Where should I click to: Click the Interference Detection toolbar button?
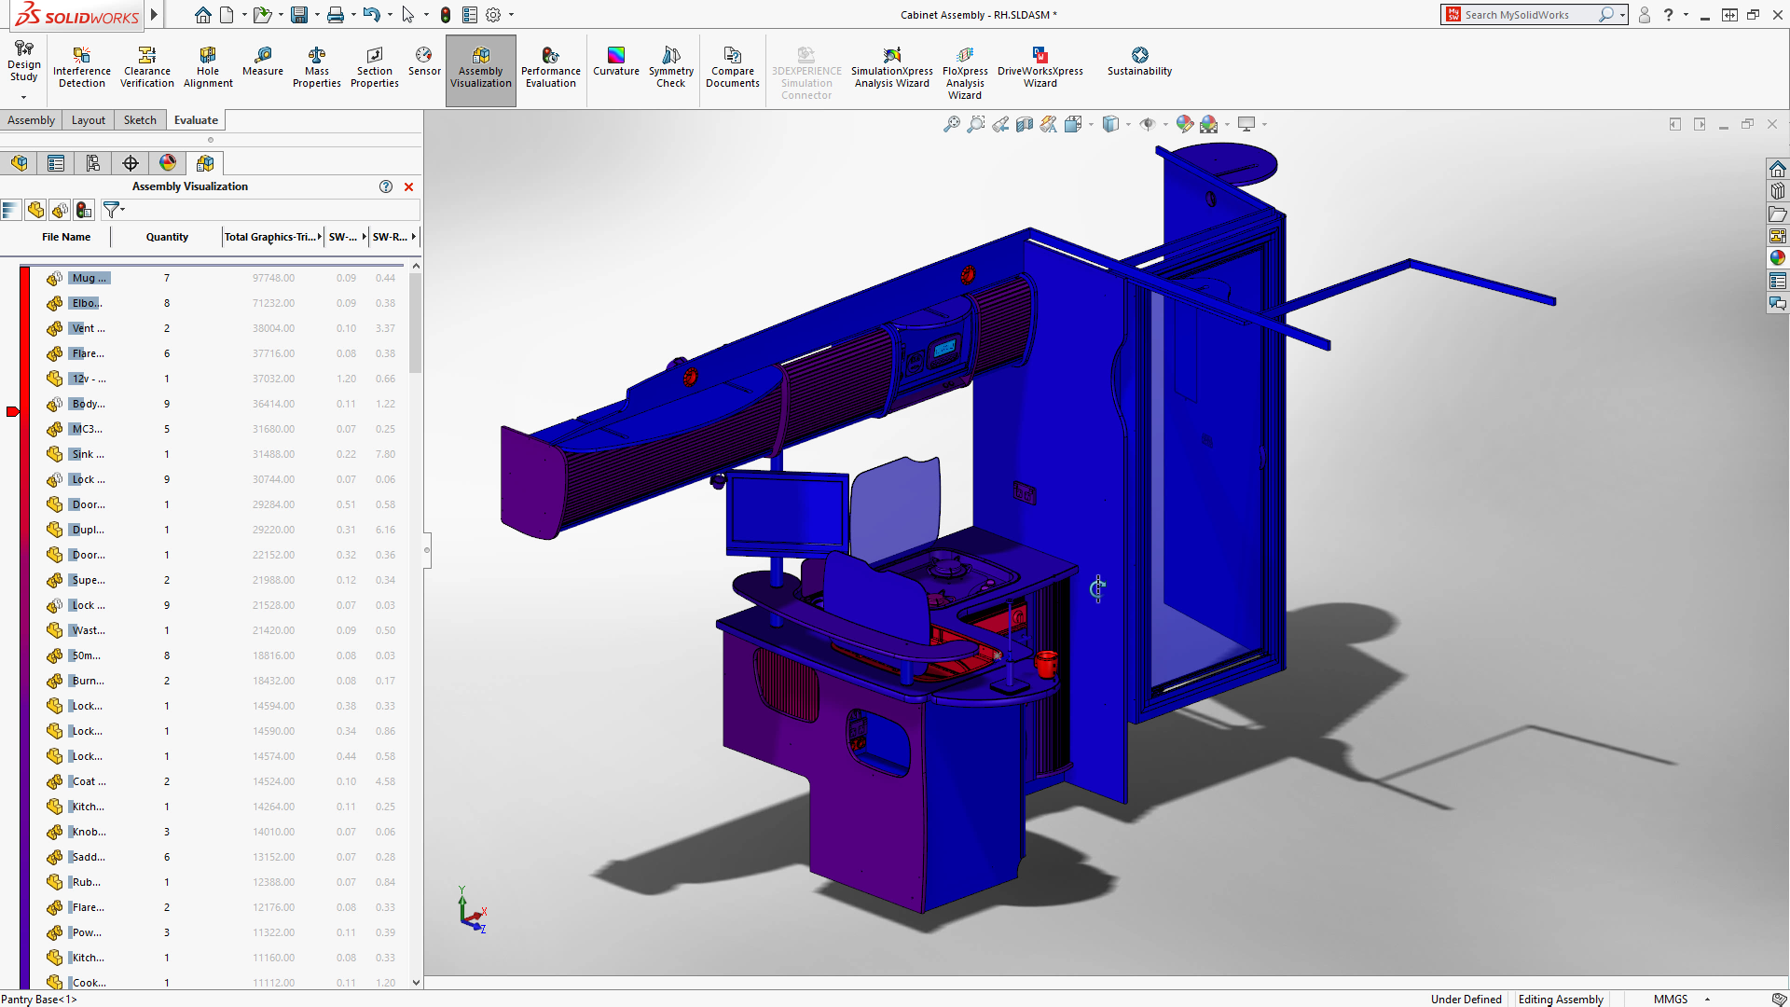82,67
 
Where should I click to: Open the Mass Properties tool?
317,67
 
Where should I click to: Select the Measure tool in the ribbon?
263,62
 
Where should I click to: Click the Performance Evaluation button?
550,67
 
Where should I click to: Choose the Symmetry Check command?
671,67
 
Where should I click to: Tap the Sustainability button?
1139,62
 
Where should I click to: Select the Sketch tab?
140,120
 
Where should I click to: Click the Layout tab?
89,120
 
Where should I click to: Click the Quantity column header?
167,237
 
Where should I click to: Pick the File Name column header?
66,237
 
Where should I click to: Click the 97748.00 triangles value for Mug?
273,278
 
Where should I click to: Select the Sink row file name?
89,454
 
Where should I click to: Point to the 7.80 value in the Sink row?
385,454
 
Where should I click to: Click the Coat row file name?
89,781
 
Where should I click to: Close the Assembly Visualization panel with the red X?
408,186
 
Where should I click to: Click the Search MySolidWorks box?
1529,15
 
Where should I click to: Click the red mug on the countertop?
1046,663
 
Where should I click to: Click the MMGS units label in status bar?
1671,1000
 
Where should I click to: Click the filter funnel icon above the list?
111,210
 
